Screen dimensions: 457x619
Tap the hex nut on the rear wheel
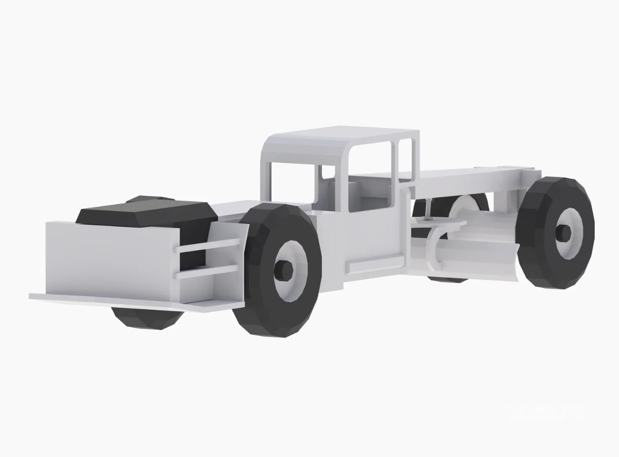[564, 233]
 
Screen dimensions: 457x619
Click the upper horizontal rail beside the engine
[208, 245]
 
